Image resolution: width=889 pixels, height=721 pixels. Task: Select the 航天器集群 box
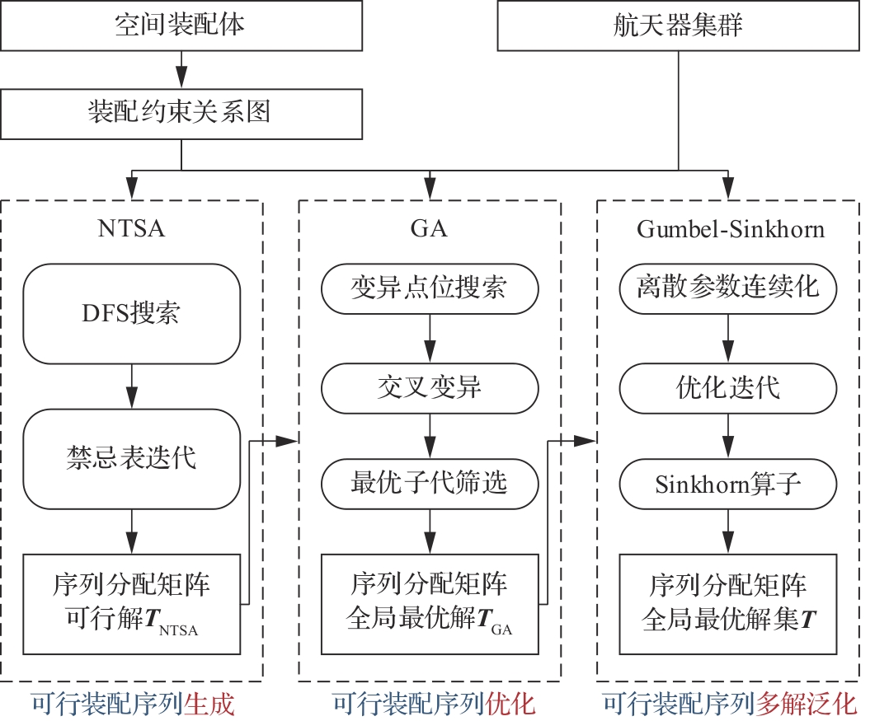(678, 25)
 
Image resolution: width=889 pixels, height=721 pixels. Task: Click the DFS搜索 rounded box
(131, 313)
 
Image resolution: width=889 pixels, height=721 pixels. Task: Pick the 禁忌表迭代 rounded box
(131, 456)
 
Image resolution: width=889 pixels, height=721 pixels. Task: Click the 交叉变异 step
(429, 387)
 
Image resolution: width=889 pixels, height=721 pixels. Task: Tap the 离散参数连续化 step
(727, 288)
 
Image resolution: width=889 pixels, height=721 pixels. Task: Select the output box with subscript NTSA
(131, 604)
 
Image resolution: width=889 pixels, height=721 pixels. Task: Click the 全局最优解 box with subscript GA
(429, 604)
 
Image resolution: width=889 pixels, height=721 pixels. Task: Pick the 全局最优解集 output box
(727, 604)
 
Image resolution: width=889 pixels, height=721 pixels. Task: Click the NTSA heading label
(131, 228)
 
